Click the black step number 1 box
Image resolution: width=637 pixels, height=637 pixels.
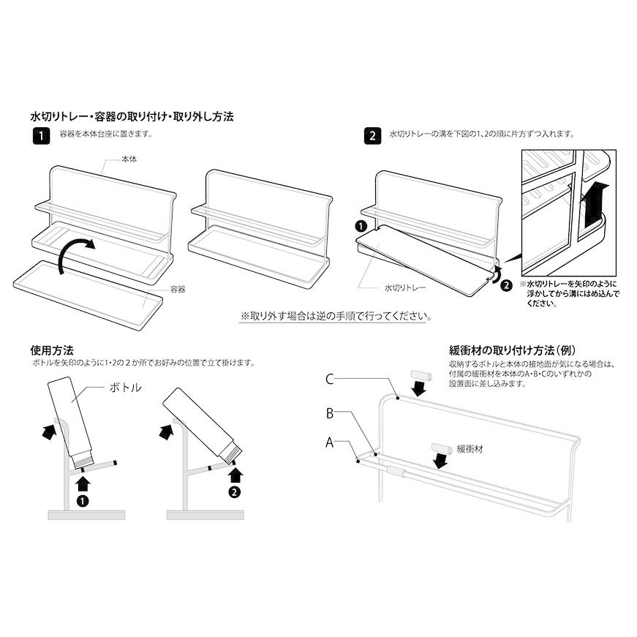point(41,135)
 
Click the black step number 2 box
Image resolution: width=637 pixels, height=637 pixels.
point(373,135)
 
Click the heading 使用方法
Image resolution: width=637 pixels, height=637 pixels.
point(53,350)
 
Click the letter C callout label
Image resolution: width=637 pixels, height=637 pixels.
point(330,379)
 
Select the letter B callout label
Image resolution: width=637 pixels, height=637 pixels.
point(330,414)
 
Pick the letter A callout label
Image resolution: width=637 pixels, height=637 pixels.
point(330,442)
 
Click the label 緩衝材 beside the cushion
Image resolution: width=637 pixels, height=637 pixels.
point(470,449)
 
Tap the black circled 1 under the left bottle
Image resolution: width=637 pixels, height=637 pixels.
point(83,501)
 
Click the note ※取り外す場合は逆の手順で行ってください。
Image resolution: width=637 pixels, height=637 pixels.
point(336,317)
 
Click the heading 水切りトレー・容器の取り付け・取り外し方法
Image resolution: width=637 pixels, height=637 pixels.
point(132,116)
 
